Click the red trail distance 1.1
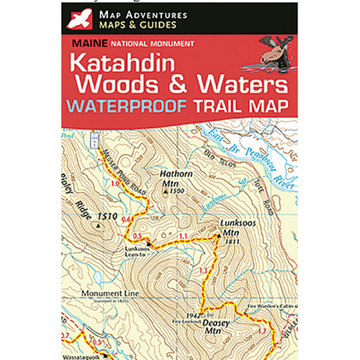tap(183, 236)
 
